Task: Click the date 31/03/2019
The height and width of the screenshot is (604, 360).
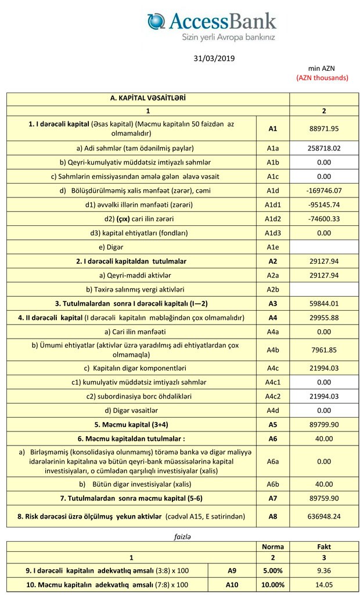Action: tap(214, 59)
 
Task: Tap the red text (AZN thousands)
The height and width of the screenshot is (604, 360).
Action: tap(322, 77)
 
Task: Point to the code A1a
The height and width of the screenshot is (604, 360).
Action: tap(273, 148)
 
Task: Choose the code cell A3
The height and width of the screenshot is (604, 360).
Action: tap(273, 304)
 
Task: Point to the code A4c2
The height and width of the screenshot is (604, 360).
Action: tap(273, 397)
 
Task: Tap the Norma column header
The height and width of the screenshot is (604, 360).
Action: tap(273, 547)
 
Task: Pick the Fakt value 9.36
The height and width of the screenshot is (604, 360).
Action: tap(324, 571)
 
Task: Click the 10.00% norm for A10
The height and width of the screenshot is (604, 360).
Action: tap(273, 585)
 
